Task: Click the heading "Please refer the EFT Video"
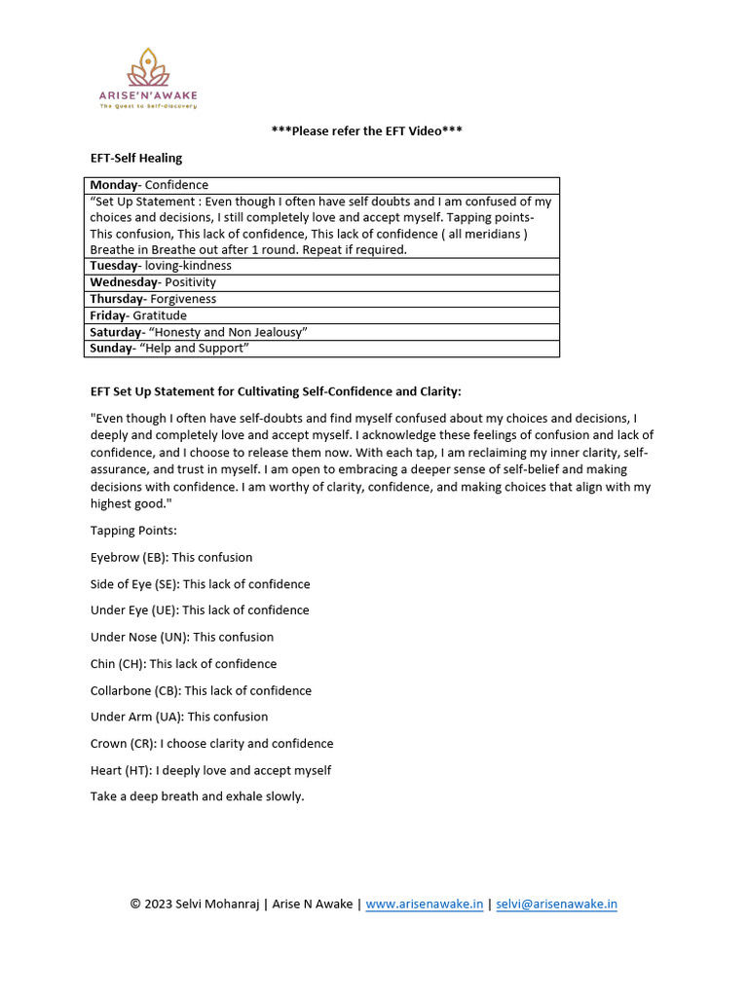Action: click(366, 130)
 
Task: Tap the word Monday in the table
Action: click(114, 185)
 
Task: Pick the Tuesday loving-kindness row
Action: click(161, 266)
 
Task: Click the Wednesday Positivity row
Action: click(154, 282)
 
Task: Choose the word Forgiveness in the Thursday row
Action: click(183, 299)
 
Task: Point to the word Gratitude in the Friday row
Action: click(160, 315)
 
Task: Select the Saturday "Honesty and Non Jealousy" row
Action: click(199, 332)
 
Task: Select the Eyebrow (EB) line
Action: click(171, 558)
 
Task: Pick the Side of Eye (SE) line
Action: click(200, 584)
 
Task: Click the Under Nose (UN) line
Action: click(182, 637)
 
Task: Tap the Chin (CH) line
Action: click(183, 664)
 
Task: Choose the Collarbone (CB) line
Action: click(201, 690)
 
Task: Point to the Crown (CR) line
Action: click(211, 744)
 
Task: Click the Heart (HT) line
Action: click(210, 770)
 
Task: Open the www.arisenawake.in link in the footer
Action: click(425, 904)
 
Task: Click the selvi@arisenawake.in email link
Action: click(556, 904)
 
